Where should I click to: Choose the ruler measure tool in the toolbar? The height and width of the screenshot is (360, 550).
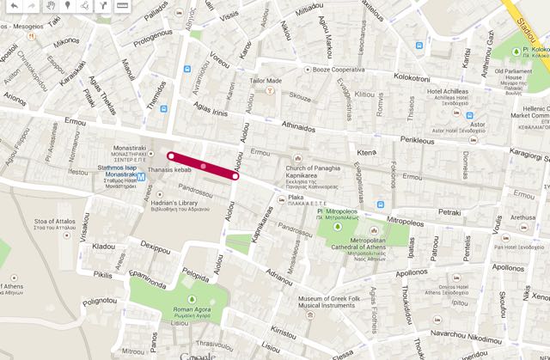point(122,6)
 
